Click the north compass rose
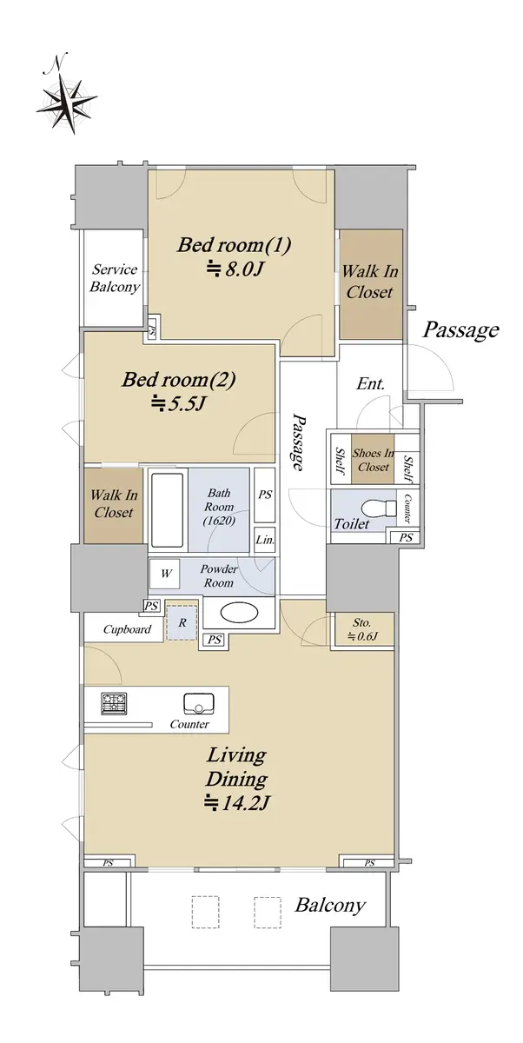tap(66, 103)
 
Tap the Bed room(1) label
tap(234, 244)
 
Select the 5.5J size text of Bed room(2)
tap(179, 403)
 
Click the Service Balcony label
tap(115, 277)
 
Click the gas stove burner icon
tap(114, 703)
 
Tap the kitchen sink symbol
tap(199, 703)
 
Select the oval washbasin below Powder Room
tap(239, 614)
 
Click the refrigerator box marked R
tap(182, 622)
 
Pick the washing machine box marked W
tap(166, 573)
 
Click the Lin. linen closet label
tap(265, 540)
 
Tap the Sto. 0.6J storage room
tap(362, 629)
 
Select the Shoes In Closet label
tap(374, 460)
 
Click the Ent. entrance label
tap(371, 384)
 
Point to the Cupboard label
tap(127, 629)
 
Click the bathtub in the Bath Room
tap(168, 510)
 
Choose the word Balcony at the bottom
tap(330, 905)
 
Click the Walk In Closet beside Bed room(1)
tap(370, 282)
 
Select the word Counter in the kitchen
tap(189, 724)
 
